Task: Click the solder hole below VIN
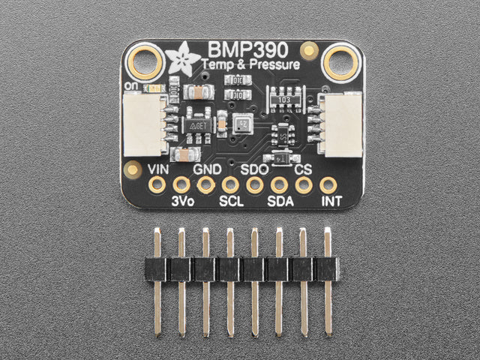pyautogui.click(x=157, y=184)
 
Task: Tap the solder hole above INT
pyautogui.click(x=328, y=184)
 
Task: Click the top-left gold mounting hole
pyautogui.click(x=145, y=61)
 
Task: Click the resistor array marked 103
pyautogui.click(x=286, y=99)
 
